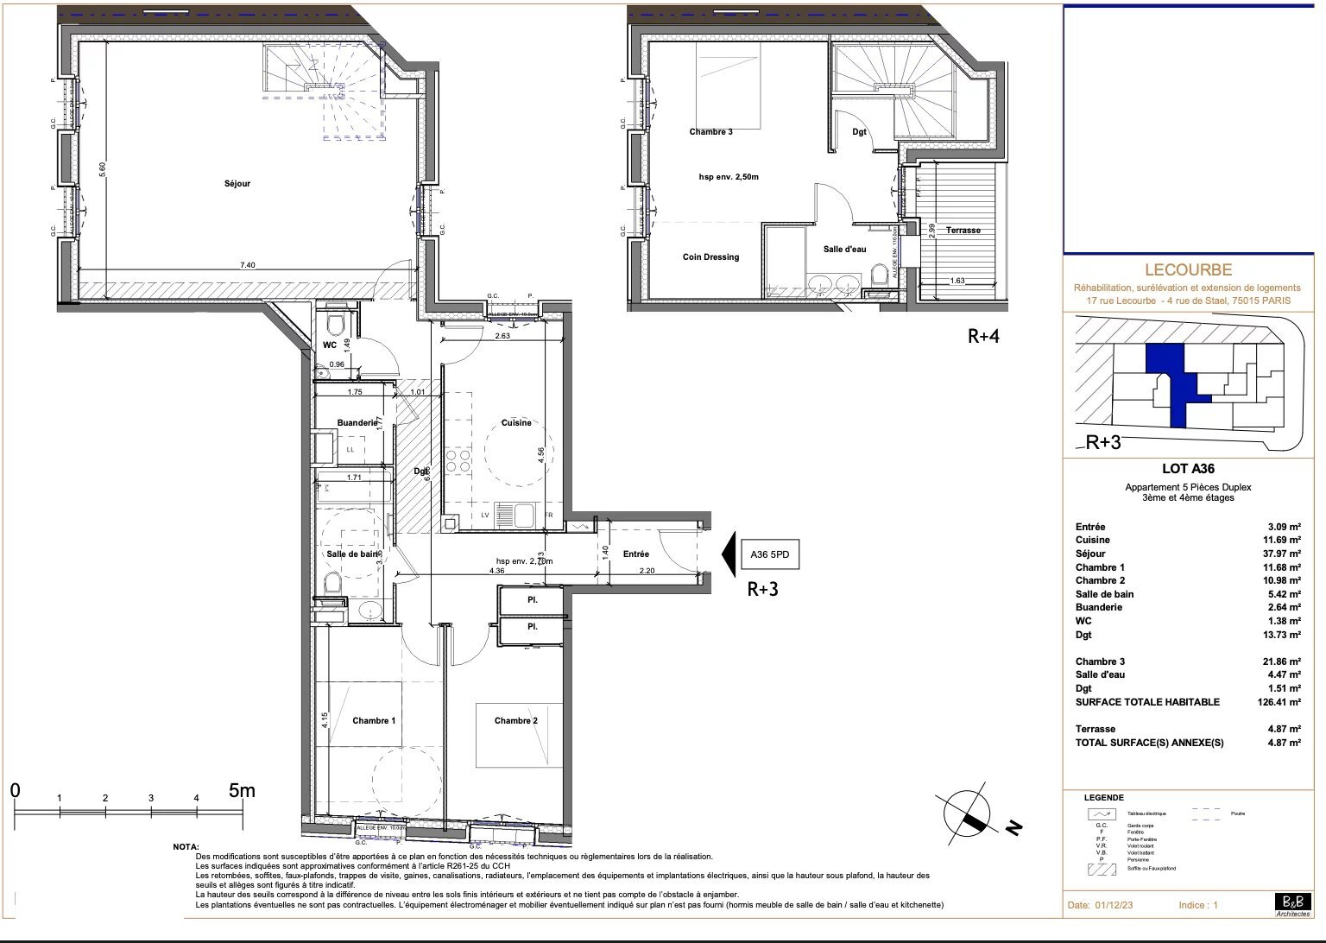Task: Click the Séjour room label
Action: [237, 184]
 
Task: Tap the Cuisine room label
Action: [516, 423]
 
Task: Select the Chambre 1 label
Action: [374, 720]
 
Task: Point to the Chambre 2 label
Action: [515, 720]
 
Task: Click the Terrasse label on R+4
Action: [963, 231]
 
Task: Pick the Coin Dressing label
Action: [710, 256]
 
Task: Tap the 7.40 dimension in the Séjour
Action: [248, 266]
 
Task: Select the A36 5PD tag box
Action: [770, 554]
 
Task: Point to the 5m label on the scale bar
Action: [242, 790]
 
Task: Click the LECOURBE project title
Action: [1187, 270]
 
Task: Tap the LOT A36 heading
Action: [1188, 469]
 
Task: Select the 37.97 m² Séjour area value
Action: [1282, 554]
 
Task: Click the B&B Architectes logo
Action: [1291, 903]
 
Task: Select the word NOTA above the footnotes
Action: [186, 847]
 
